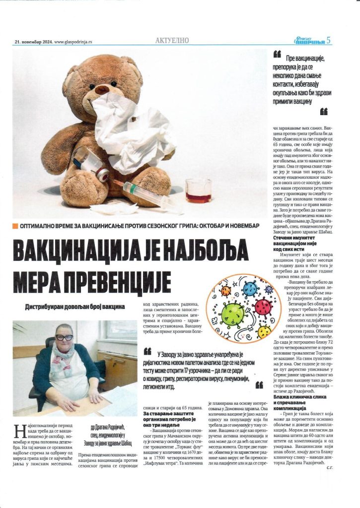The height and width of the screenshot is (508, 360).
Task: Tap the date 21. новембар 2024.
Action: pyautogui.click(x=32, y=42)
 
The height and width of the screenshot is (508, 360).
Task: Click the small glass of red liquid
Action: pyautogui.click(x=198, y=190)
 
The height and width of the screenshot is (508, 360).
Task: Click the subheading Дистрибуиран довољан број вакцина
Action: pyautogui.click(x=75, y=307)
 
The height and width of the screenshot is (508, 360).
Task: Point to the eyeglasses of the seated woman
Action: pyautogui.click(x=63, y=337)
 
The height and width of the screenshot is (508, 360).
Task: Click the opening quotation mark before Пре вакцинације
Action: pyautogui.click(x=277, y=54)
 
